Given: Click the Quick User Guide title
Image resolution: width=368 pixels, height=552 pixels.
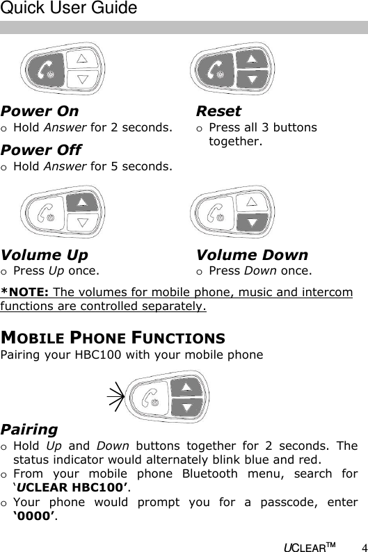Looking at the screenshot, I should (x=69, y=9).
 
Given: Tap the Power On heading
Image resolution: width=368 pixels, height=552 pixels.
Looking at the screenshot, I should (x=40, y=111).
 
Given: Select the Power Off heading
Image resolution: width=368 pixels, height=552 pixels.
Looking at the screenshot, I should (x=41, y=150).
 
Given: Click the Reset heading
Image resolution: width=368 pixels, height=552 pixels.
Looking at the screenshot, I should (x=218, y=111).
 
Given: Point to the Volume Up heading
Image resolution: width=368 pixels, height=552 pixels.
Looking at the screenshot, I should (x=45, y=255).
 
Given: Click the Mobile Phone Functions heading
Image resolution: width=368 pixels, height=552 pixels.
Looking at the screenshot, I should (x=113, y=339).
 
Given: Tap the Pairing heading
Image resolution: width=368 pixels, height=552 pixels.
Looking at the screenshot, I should (x=29, y=430).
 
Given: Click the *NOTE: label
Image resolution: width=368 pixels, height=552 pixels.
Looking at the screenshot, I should (x=24, y=292).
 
